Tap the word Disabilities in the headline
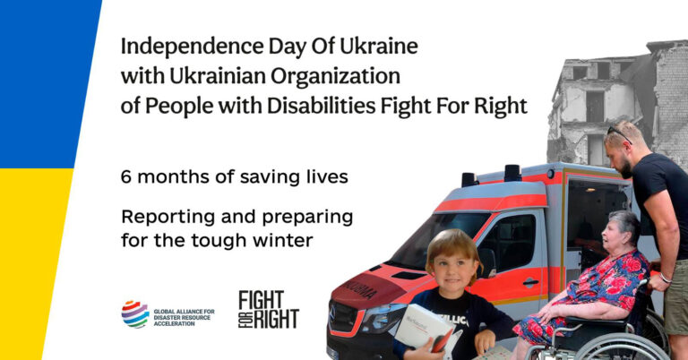point(322,106)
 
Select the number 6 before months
point(126,176)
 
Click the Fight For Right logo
point(269,310)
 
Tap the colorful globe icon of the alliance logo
point(135,314)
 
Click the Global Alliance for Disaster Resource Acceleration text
point(184,318)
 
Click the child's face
point(453,268)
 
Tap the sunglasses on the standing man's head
point(619,134)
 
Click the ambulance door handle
point(530,282)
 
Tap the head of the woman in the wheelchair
point(620,232)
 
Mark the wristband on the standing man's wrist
point(666,278)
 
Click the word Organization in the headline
point(335,77)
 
